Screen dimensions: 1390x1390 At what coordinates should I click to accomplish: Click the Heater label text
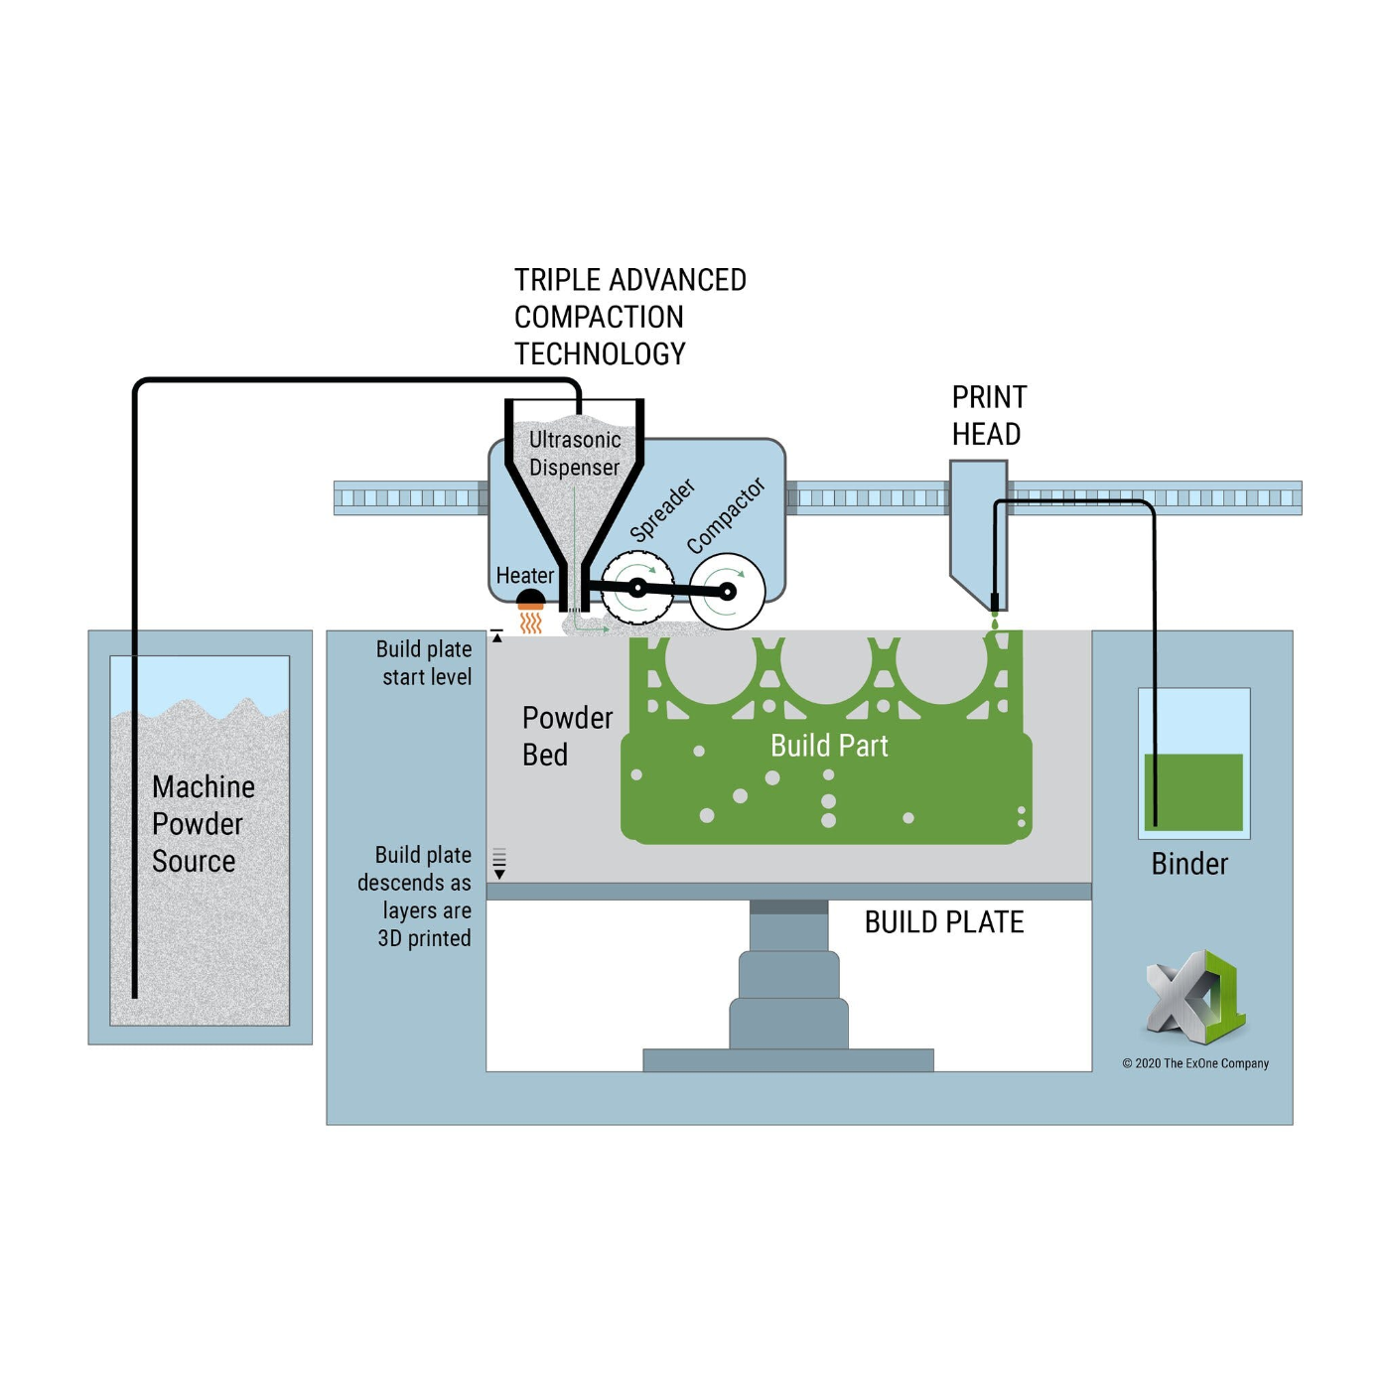[524, 576]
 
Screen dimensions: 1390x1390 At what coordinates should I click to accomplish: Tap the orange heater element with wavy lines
[531, 616]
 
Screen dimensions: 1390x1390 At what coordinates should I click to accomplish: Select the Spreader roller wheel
[637, 589]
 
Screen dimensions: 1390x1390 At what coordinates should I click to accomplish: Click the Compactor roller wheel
[727, 592]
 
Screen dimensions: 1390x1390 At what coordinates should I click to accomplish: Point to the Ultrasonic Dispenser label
[575, 454]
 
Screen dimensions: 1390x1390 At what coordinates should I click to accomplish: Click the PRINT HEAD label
[988, 416]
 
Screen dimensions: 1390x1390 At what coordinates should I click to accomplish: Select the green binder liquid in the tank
[1193, 791]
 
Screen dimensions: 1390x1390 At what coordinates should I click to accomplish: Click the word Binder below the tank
[1189, 864]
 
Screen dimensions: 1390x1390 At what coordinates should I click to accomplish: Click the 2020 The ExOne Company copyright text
[1195, 1063]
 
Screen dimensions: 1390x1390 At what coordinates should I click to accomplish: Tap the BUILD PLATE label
[943, 922]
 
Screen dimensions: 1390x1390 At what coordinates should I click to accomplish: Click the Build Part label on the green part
[829, 746]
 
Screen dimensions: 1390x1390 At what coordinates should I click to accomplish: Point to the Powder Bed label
[566, 736]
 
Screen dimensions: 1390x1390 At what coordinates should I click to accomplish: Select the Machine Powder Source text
[202, 824]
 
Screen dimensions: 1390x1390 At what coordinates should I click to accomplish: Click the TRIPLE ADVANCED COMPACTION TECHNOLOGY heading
[629, 317]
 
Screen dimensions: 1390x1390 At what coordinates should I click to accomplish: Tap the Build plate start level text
[425, 663]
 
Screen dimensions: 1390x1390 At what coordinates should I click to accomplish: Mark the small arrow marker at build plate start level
[496, 636]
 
